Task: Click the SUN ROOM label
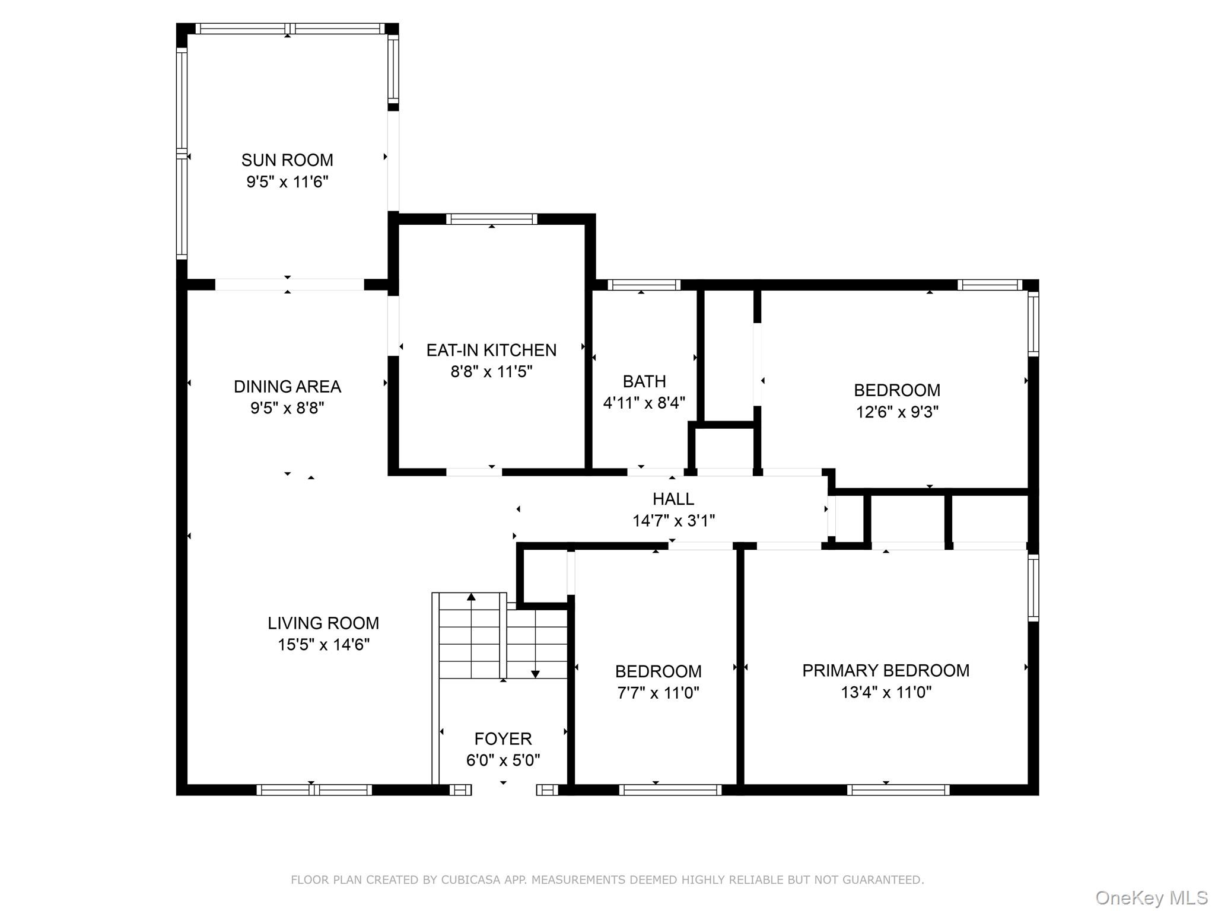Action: point(287,160)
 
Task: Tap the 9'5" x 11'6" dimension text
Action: point(287,181)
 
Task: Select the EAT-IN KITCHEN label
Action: point(491,350)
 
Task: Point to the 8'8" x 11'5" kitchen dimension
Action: point(491,372)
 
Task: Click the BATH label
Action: point(644,381)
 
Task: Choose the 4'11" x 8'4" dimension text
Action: point(644,403)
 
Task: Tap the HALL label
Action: point(673,499)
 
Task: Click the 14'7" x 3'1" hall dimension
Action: point(673,521)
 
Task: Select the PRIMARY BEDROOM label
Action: point(885,670)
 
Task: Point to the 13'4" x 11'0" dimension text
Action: point(885,692)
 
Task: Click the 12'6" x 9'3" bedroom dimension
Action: point(896,412)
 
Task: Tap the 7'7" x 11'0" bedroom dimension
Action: point(658,693)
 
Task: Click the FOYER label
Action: point(502,738)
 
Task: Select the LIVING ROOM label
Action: point(323,623)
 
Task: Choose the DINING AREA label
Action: point(287,387)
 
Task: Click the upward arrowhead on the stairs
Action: point(471,597)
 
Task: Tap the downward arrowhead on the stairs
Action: point(535,674)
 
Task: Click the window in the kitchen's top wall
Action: point(491,219)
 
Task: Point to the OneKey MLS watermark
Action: point(1151,897)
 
